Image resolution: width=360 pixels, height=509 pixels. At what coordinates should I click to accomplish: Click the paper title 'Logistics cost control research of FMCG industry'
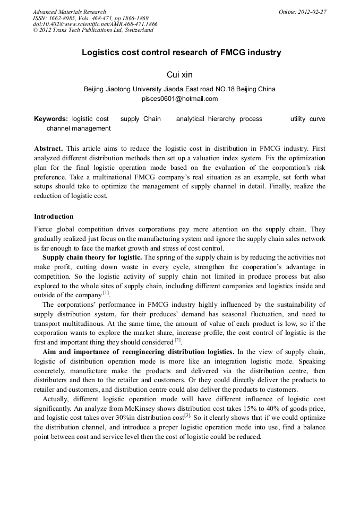[x=181, y=53]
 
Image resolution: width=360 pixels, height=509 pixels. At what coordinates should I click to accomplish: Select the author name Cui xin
[x=179, y=75]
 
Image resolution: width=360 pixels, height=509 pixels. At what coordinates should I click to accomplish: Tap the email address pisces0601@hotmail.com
[x=179, y=99]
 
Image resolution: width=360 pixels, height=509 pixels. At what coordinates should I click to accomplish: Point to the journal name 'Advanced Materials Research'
[x=69, y=12]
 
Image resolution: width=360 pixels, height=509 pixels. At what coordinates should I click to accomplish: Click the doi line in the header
[x=95, y=24]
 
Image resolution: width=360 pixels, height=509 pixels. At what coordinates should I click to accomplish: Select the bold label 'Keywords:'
[x=51, y=119]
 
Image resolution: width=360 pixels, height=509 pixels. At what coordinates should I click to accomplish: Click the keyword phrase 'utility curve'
[x=307, y=119]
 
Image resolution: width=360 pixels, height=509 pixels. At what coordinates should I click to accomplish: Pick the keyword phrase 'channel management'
[x=79, y=128]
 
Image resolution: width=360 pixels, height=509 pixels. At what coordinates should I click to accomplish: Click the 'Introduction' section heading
[x=54, y=217]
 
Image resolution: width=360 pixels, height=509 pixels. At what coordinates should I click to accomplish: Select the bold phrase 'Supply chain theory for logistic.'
[x=92, y=257]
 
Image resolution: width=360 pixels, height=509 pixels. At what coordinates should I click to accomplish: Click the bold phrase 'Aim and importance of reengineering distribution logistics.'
[x=131, y=352]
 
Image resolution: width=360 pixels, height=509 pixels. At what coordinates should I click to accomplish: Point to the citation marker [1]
[x=106, y=293]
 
